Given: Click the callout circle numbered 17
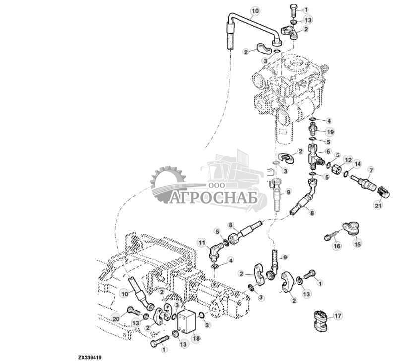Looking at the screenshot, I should pos(338,315).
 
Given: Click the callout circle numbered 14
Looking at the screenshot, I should pos(358,164).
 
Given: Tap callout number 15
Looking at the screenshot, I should pos(357,243).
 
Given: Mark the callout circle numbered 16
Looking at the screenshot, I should pos(337,246).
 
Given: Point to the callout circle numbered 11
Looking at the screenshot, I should pos(201,242).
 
